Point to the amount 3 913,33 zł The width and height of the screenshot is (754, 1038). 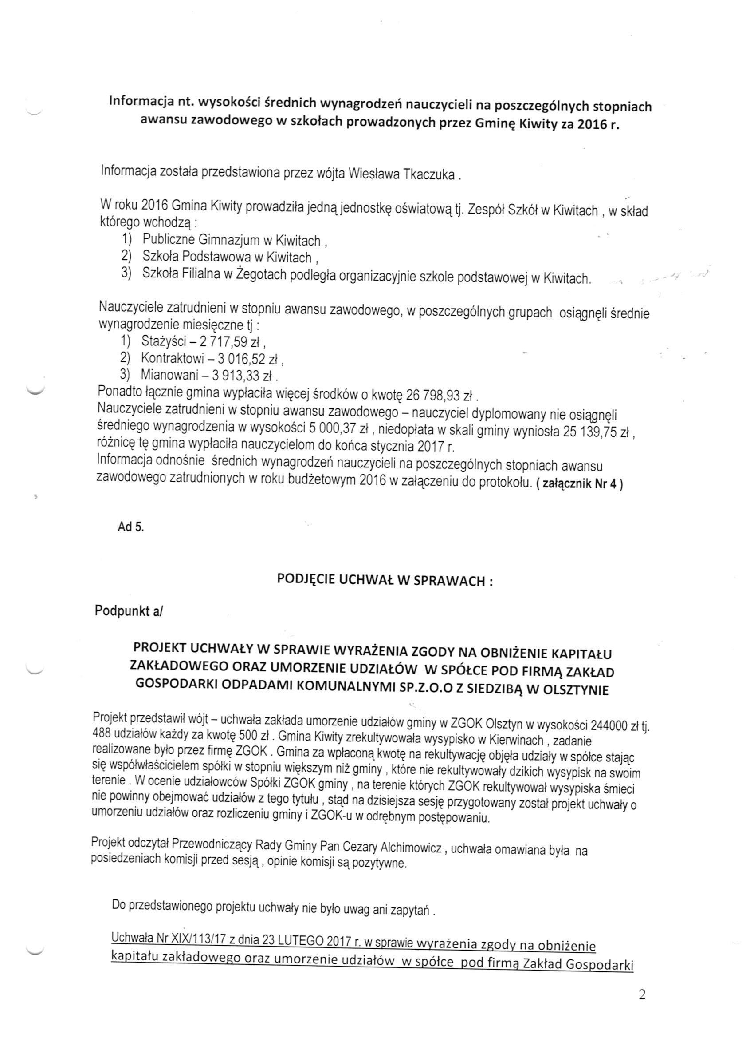point(242,376)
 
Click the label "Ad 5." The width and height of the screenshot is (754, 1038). point(131,527)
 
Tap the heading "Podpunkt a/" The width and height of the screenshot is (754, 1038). point(129,611)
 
